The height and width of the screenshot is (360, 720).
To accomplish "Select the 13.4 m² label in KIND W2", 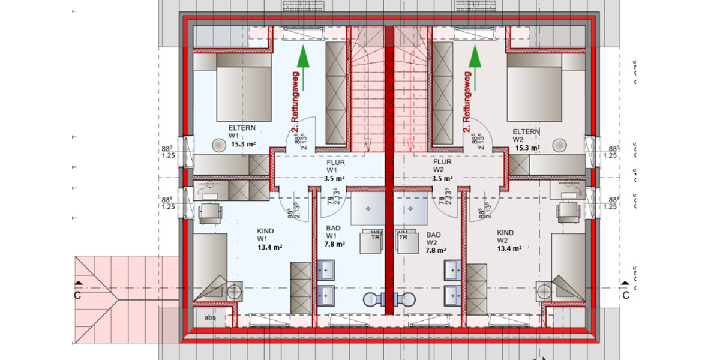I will click(509, 247).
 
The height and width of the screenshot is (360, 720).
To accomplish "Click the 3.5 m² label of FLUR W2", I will click(443, 178).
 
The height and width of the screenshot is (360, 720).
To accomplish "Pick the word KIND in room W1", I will click(266, 230).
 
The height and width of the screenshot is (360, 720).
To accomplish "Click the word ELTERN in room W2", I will click(526, 131).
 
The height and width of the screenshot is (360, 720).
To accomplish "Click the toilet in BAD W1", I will click(373, 299).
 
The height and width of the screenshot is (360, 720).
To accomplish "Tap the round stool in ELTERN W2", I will click(560, 145).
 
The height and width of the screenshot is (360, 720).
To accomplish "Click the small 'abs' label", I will click(209, 317).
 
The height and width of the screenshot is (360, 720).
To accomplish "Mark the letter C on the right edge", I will click(625, 295).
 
